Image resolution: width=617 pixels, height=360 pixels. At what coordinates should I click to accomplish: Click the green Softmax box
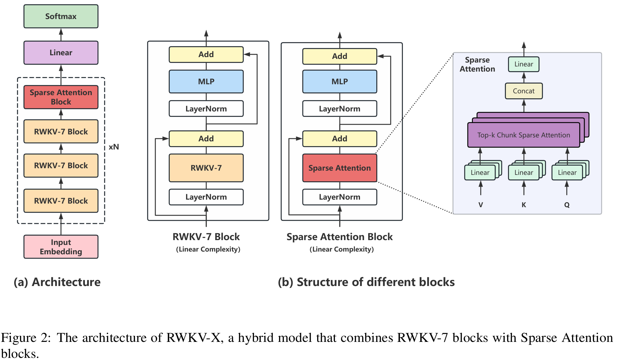click(x=61, y=16)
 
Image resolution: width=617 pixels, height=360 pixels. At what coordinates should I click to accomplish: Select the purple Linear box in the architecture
click(x=61, y=53)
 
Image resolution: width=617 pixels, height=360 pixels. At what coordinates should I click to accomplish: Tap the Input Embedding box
click(x=61, y=247)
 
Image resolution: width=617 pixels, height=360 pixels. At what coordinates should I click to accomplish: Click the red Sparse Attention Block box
click(x=61, y=97)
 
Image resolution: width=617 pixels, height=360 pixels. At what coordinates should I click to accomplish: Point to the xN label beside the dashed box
click(x=114, y=147)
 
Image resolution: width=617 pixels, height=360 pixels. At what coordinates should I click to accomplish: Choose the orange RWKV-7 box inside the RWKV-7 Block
click(x=206, y=168)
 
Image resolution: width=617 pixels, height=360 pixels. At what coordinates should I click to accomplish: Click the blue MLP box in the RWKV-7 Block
click(x=206, y=82)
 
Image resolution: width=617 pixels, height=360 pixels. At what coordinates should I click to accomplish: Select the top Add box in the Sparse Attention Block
click(x=339, y=56)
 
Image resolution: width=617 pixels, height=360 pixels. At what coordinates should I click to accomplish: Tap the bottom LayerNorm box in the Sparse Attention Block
click(x=339, y=197)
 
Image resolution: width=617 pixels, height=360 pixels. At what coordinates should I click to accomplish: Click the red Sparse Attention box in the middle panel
click(x=339, y=168)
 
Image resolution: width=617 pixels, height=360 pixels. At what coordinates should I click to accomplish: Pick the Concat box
click(x=524, y=91)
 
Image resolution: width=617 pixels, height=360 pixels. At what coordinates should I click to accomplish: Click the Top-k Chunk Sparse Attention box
click(x=523, y=135)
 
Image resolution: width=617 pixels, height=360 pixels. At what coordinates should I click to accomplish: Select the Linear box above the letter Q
click(x=567, y=172)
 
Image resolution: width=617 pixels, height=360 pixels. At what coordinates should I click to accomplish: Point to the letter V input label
click(x=480, y=205)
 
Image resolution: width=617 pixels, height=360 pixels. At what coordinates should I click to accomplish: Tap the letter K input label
click(x=524, y=205)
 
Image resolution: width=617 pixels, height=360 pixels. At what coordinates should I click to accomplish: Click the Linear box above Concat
click(x=524, y=64)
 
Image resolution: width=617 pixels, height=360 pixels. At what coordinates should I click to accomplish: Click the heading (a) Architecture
click(x=57, y=282)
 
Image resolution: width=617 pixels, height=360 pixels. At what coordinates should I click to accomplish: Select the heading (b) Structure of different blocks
click(x=366, y=282)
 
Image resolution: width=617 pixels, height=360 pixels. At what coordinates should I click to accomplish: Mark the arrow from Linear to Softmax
click(x=61, y=34)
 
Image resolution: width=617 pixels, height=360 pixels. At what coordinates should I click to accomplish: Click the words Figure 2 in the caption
click(x=26, y=337)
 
